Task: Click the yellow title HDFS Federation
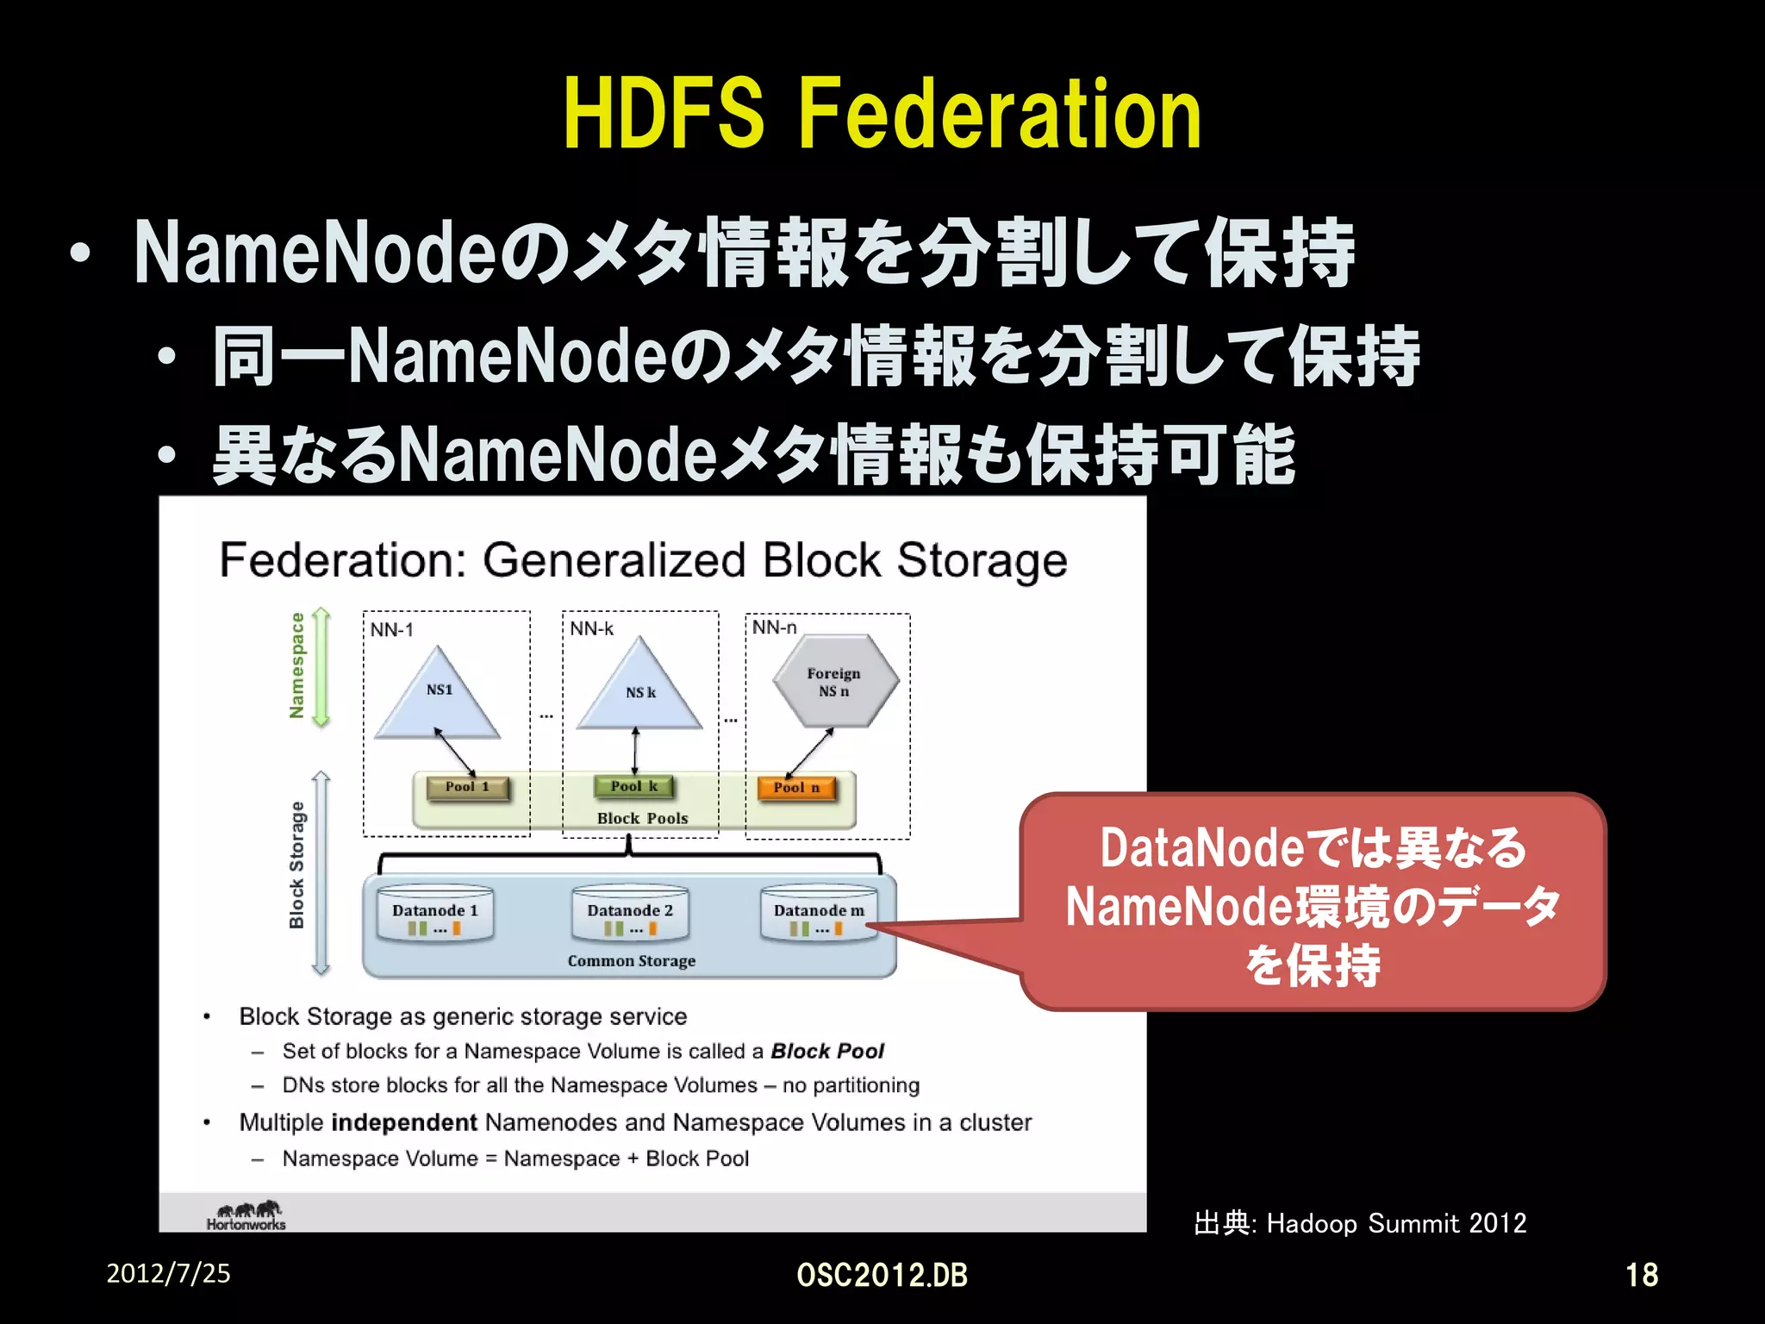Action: (x=882, y=115)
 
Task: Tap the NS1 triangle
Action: (x=439, y=696)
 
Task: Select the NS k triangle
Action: (x=639, y=690)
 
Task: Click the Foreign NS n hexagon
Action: (x=834, y=682)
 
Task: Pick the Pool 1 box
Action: (x=468, y=787)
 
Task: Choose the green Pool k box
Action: (x=634, y=786)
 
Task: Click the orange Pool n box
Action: (x=796, y=788)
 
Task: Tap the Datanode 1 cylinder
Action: (x=435, y=913)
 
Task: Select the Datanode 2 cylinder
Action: (x=630, y=913)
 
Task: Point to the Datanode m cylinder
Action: (x=819, y=913)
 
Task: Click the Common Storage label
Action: (x=632, y=961)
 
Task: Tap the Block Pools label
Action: (x=643, y=819)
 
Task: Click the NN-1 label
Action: (x=392, y=630)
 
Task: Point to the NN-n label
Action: (x=774, y=628)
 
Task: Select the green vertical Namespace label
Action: (x=297, y=665)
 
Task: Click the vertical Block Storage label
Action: (x=297, y=865)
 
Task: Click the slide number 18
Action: (x=1641, y=1275)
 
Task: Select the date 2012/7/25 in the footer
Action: (x=168, y=1273)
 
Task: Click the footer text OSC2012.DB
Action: (x=882, y=1275)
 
